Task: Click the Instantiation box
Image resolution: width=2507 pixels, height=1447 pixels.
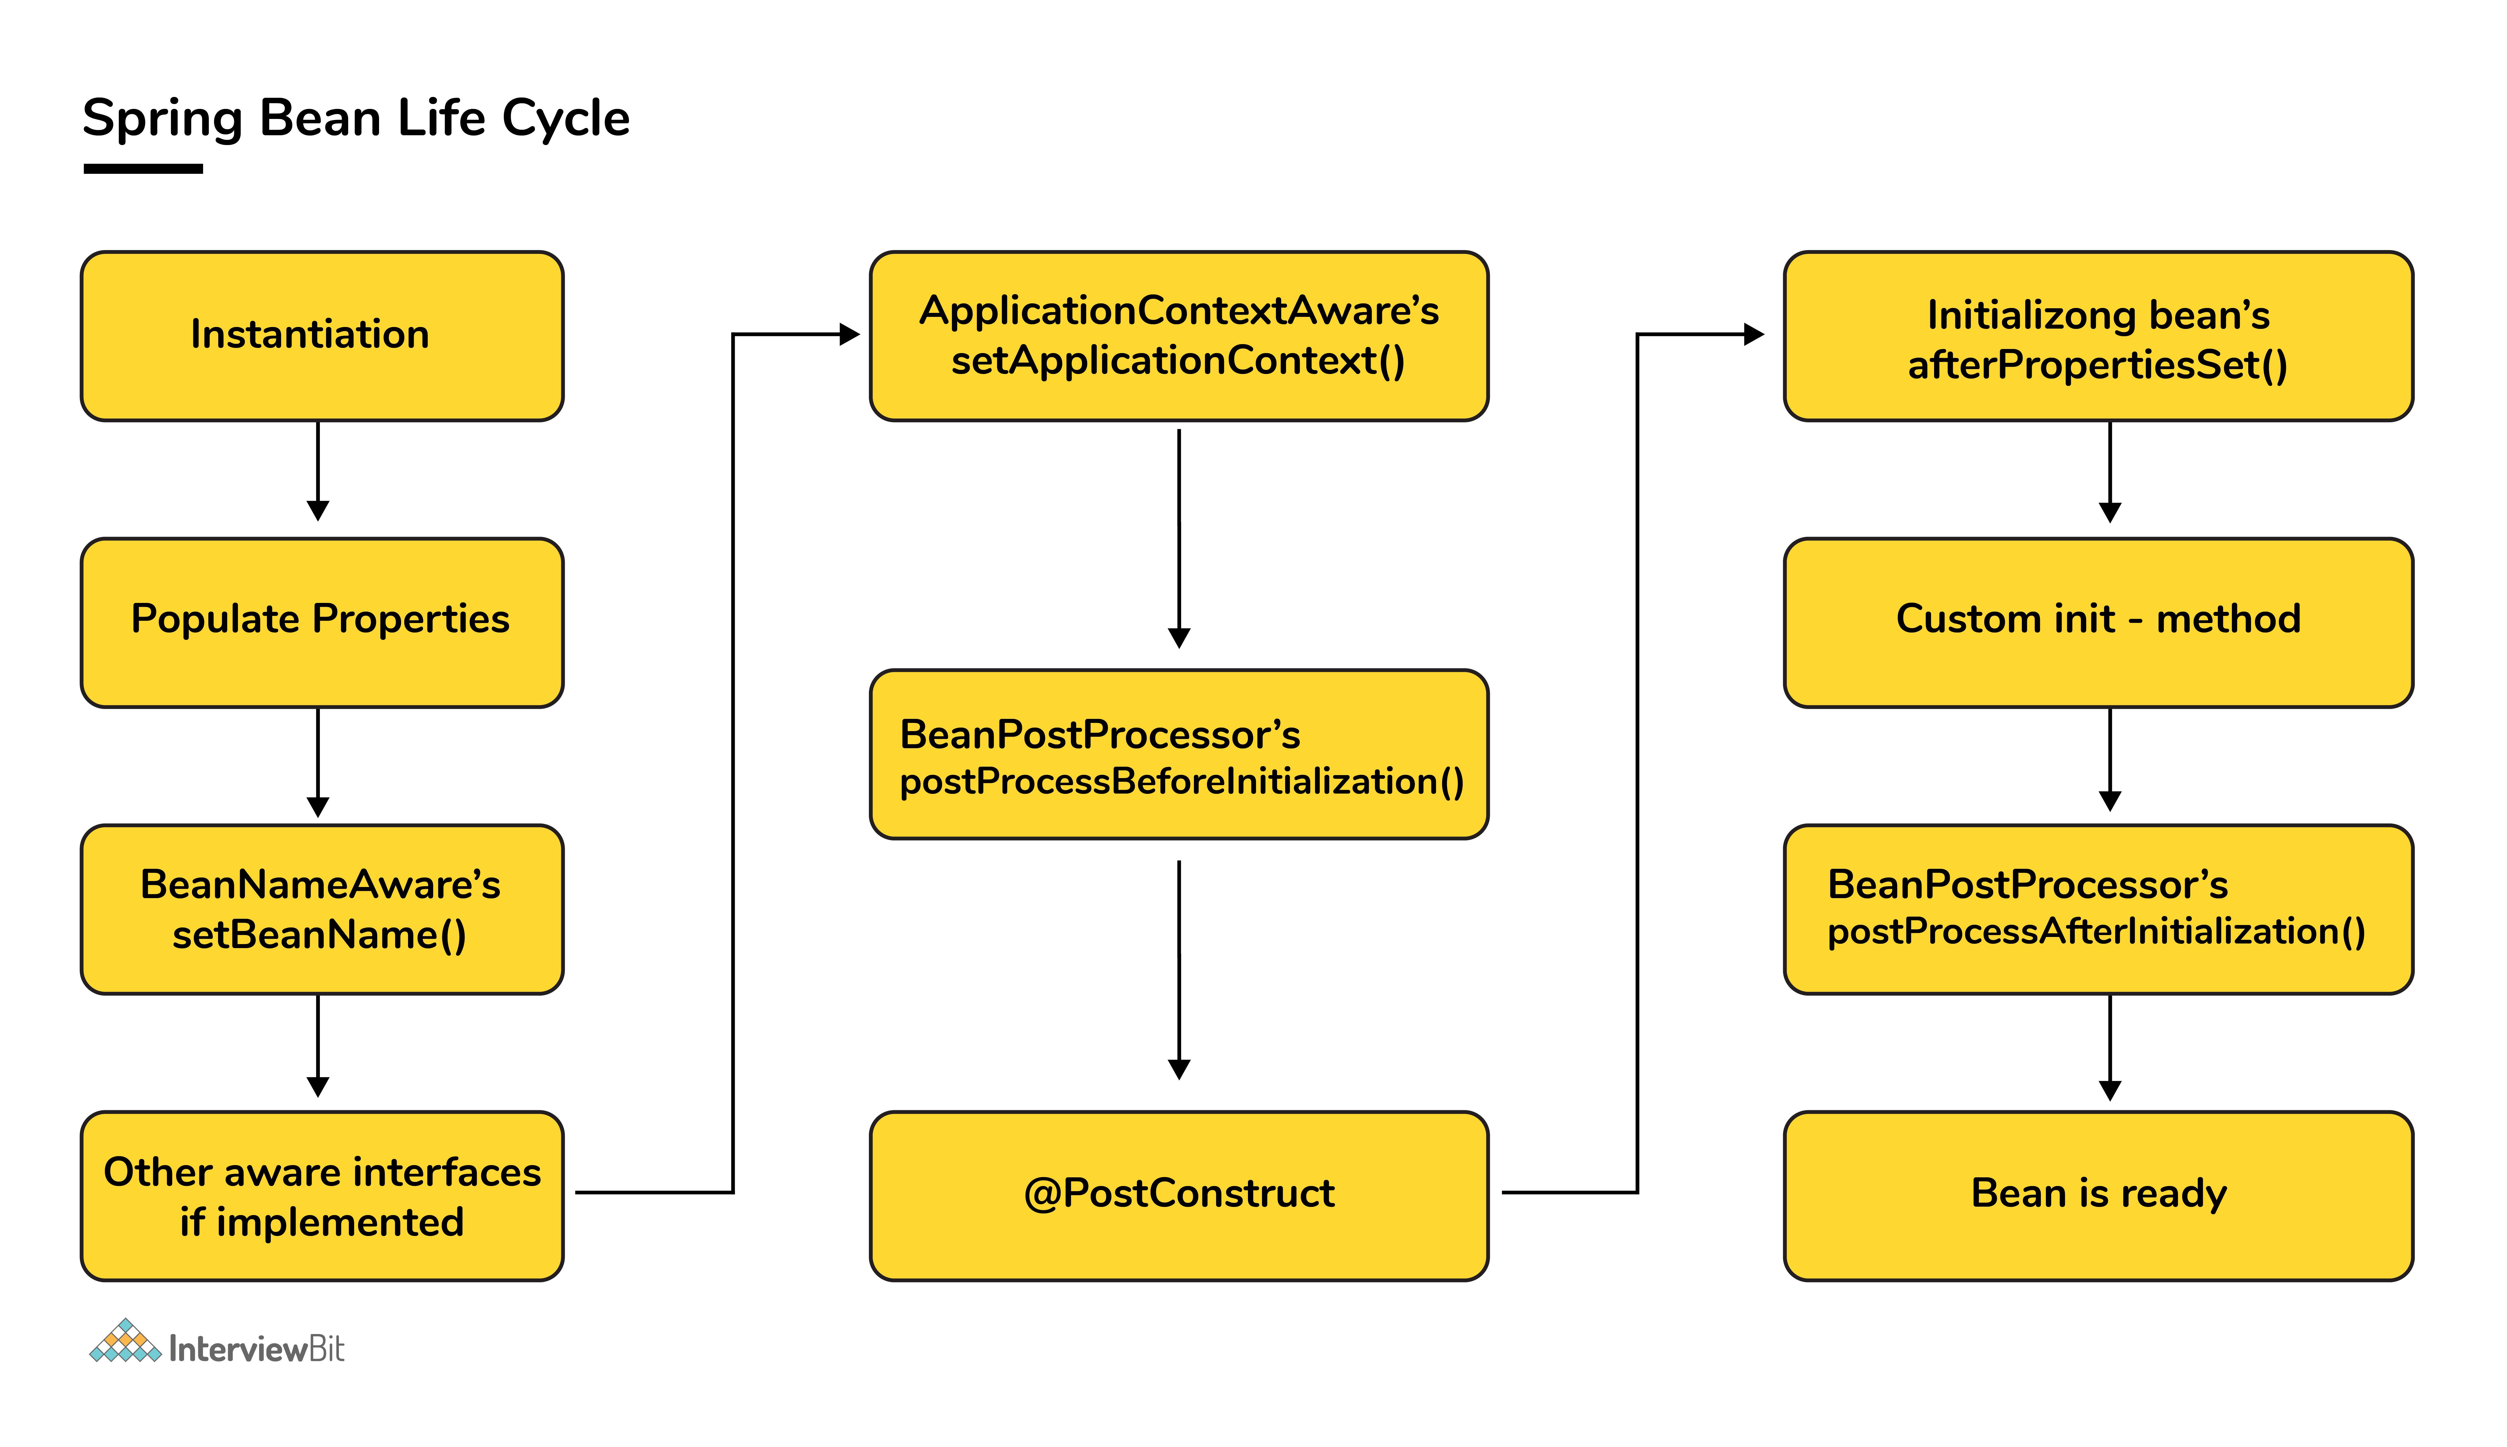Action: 322,336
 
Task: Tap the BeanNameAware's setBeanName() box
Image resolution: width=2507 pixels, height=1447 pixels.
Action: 322,909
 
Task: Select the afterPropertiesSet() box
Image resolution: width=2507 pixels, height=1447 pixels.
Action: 2099,336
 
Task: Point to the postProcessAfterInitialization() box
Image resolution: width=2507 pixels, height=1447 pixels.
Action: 2099,909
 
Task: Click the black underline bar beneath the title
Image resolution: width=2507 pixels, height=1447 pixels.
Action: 143,169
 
